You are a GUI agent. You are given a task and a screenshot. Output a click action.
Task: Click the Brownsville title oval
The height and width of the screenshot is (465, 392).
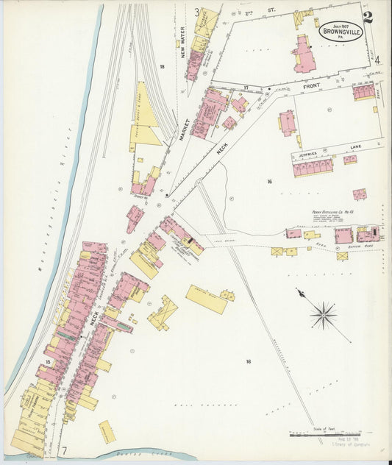click(340, 32)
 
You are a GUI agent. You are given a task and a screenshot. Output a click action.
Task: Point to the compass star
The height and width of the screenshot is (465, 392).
click(322, 316)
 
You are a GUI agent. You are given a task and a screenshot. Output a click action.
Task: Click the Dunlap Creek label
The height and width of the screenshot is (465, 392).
click(118, 455)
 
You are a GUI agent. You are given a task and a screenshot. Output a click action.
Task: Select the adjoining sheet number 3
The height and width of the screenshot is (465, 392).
click(196, 12)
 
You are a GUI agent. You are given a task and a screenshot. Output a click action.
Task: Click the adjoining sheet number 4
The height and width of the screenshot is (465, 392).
click(377, 61)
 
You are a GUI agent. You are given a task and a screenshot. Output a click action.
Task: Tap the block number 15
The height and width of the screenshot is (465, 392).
click(47, 362)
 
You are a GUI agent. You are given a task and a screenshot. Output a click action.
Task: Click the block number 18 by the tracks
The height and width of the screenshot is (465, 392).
click(160, 66)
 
